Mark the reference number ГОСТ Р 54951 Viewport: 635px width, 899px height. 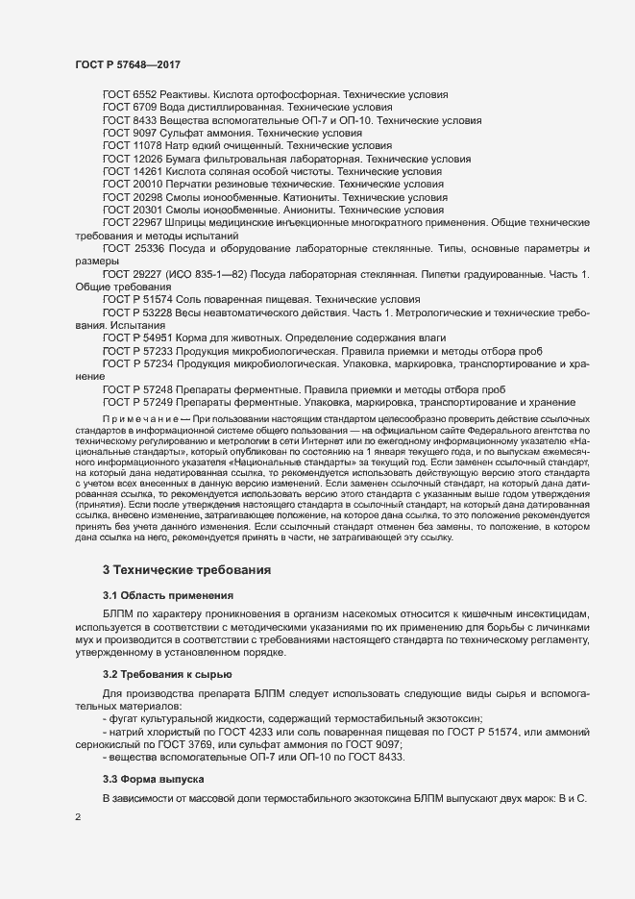pos(138,338)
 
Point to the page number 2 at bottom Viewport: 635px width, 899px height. pos(78,818)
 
